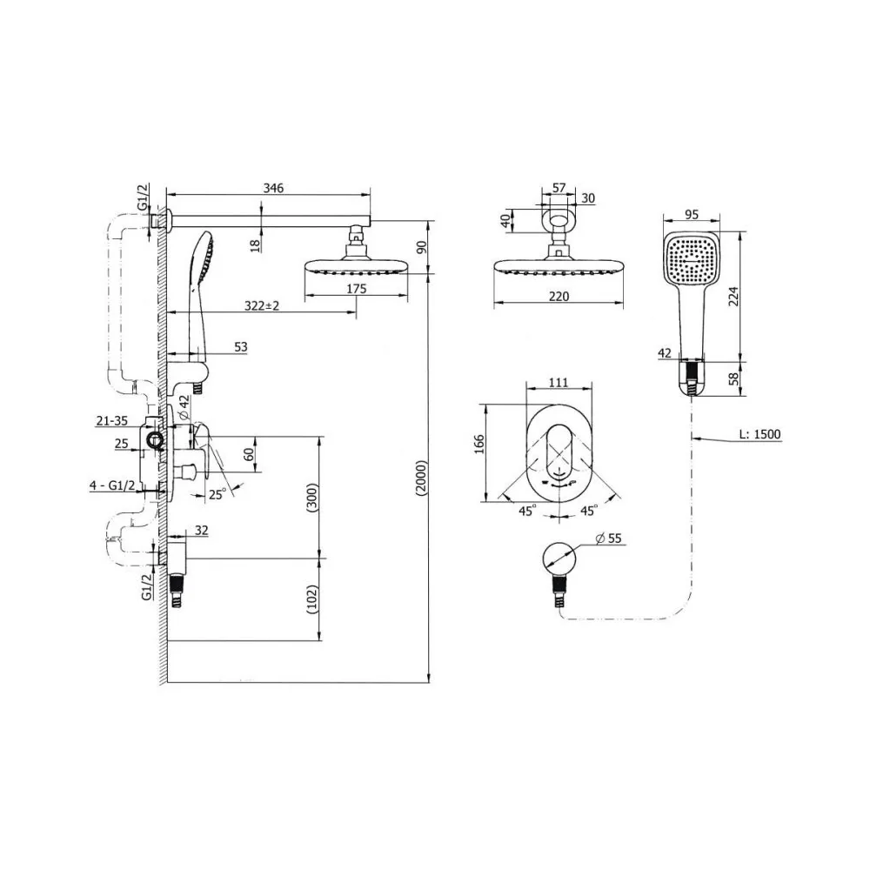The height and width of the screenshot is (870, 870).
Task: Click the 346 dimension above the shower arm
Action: [x=273, y=188]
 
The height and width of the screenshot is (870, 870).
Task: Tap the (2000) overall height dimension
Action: [x=422, y=478]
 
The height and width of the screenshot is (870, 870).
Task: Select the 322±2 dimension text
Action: [x=262, y=305]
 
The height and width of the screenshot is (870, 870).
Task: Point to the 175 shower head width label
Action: [x=356, y=289]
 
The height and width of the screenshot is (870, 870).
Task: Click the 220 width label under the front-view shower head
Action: [x=559, y=297]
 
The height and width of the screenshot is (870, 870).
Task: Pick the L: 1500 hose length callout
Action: [x=760, y=434]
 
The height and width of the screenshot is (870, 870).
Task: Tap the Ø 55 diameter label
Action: [x=608, y=538]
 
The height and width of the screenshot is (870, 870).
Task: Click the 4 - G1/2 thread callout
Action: [x=112, y=485]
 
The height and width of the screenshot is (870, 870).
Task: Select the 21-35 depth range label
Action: [x=112, y=421]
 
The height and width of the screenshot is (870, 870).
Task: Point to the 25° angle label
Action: [x=217, y=494]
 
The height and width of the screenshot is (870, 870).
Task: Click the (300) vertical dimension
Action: [x=312, y=498]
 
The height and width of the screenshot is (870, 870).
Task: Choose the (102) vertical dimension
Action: [x=312, y=599]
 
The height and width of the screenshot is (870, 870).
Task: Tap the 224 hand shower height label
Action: [x=733, y=297]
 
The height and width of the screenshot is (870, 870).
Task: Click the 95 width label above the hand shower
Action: [x=692, y=214]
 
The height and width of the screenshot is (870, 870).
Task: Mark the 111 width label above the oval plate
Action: [x=559, y=382]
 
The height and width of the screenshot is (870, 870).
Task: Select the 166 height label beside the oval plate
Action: [x=479, y=444]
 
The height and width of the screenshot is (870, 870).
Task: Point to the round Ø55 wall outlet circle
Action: [x=559, y=559]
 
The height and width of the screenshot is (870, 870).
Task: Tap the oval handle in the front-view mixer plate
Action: [x=559, y=452]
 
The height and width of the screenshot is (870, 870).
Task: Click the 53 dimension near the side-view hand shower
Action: [x=240, y=347]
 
